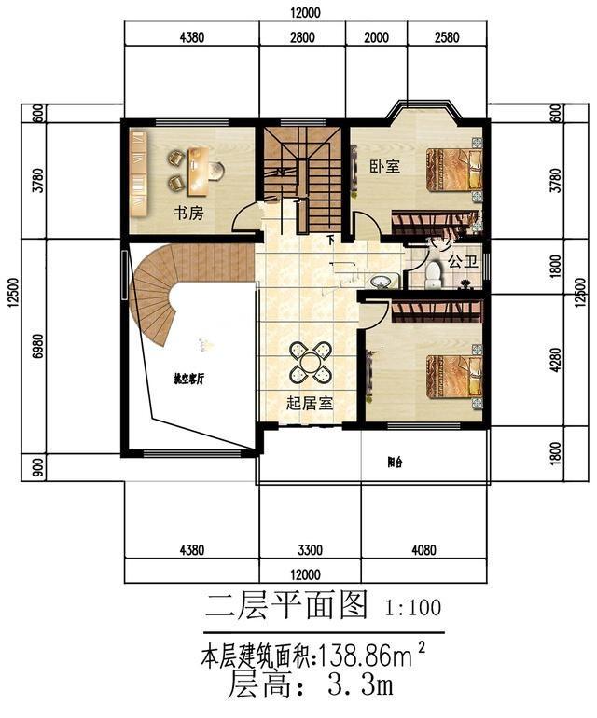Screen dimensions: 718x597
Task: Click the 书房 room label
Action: click(187, 213)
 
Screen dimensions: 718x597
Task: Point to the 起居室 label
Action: click(310, 403)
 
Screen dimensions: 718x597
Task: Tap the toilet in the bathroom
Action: click(432, 275)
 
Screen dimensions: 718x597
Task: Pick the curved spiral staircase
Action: click(159, 289)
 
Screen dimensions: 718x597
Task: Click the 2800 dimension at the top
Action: click(302, 37)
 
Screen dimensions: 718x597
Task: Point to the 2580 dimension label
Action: click(448, 37)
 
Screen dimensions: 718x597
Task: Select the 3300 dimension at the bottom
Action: click(309, 549)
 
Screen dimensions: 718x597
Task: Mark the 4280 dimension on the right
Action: click(556, 359)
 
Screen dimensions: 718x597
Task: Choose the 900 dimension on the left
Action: click(37, 466)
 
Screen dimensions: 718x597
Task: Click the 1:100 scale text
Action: click(413, 608)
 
